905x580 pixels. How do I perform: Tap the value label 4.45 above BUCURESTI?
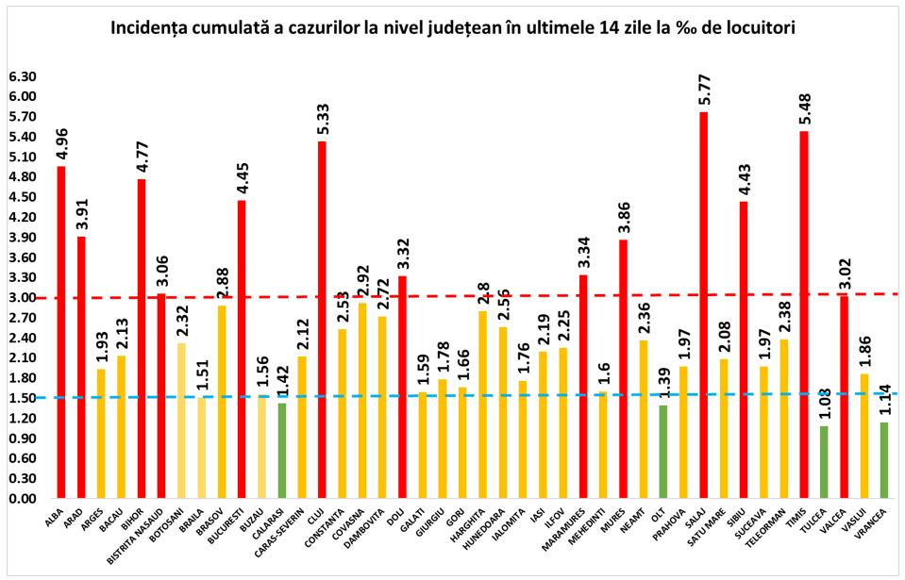click(x=242, y=179)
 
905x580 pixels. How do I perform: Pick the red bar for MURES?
click(x=624, y=369)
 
